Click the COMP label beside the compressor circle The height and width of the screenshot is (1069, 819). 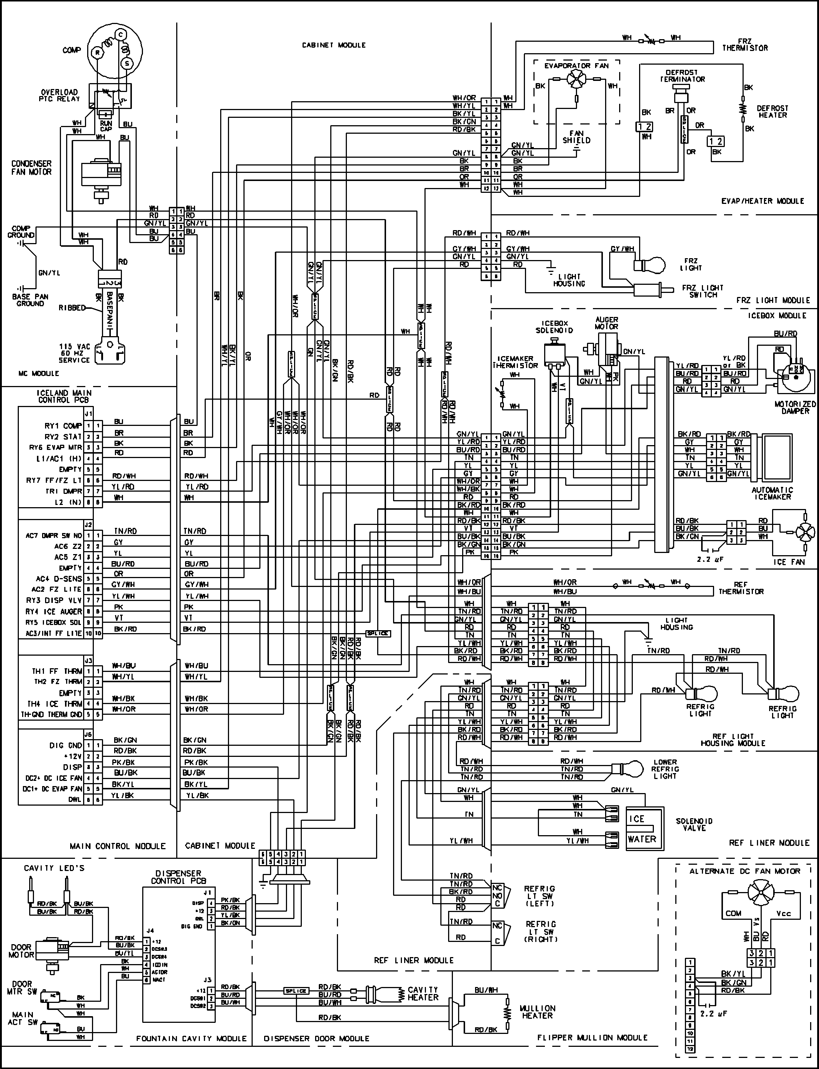(x=71, y=50)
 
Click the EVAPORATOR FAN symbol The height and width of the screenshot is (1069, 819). (x=577, y=78)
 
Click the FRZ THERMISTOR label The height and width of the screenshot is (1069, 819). (x=744, y=45)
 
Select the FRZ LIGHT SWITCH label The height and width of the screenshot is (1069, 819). (x=703, y=291)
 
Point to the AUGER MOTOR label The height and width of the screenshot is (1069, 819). (x=607, y=323)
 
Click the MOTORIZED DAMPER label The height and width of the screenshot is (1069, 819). (x=795, y=407)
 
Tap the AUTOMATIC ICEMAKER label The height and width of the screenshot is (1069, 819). (x=772, y=493)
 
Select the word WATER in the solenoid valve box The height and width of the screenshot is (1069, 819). (x=642, y=839)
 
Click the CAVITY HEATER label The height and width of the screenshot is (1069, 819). (x=423, y=993)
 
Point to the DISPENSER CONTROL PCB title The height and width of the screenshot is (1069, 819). (x=178, y=877)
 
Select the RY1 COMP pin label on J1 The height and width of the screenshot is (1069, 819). (x=63, y=426)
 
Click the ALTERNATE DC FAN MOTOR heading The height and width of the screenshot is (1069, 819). (x=744, y=871)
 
